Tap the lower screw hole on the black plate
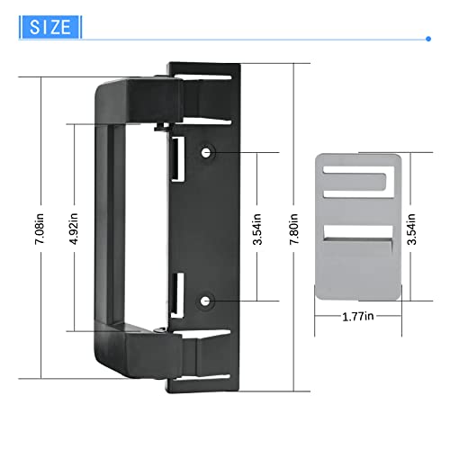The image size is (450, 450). pyautogui.click(x=208, y=300)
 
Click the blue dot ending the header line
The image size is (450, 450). pyautogui.click(x=427, y=39)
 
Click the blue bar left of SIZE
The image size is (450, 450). pyautogui.click(x=22, y=26)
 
